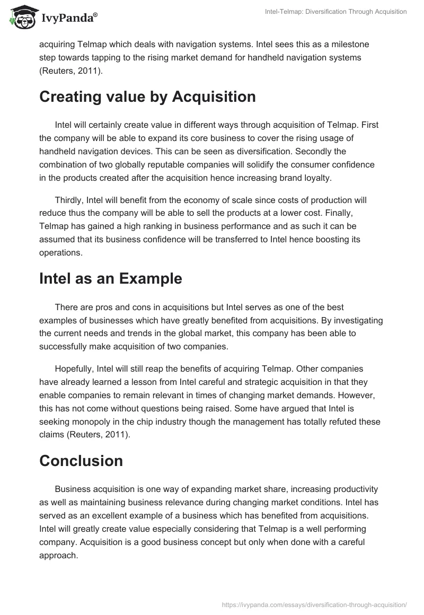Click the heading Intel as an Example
click(110, 278)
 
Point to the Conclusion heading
click(81, 461)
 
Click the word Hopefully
click(78, 368)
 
